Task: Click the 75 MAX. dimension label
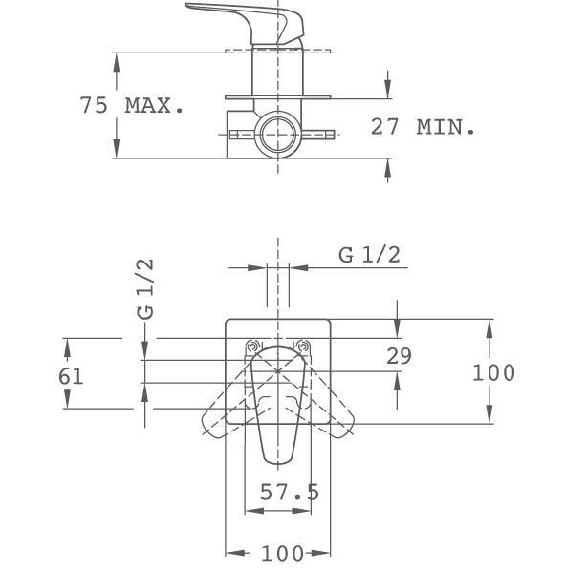(132, 105)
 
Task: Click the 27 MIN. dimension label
(423, 127)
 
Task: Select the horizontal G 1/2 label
(369, 255)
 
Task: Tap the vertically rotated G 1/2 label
(145, 289)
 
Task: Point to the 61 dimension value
(71, 376)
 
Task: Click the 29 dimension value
(399, 356)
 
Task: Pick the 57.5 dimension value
(290, 492)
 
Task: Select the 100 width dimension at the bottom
(282, 553)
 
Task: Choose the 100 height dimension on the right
(493, 372)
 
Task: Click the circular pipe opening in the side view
(277, 135)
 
